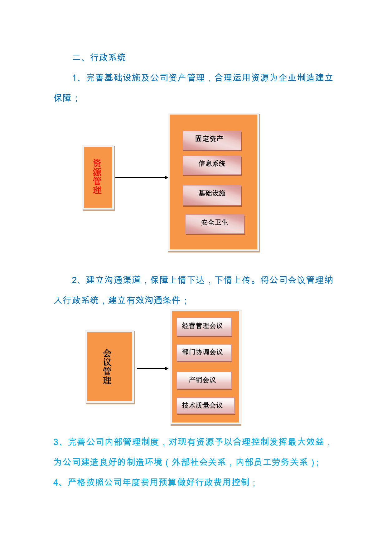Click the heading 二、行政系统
point(99,58)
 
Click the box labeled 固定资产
point(212,141)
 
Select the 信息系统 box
point(212,166)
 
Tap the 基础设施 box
point(212,195)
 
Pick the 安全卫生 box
point(215,224)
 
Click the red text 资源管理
point(97,177)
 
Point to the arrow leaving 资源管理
point(142,177)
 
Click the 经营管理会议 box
point(204,327)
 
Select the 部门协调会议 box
point(204,353)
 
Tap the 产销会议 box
point(204,381)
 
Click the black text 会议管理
point(107,366)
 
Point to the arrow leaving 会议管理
point(153,369)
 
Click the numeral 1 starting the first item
point(75,78)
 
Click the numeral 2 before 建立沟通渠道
point(75,280)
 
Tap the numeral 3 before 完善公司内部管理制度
point(56,442)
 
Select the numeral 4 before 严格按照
point(56,482)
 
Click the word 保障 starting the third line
point(62,98)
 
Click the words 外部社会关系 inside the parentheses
point(199,462)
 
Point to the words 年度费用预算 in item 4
point(149,482)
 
